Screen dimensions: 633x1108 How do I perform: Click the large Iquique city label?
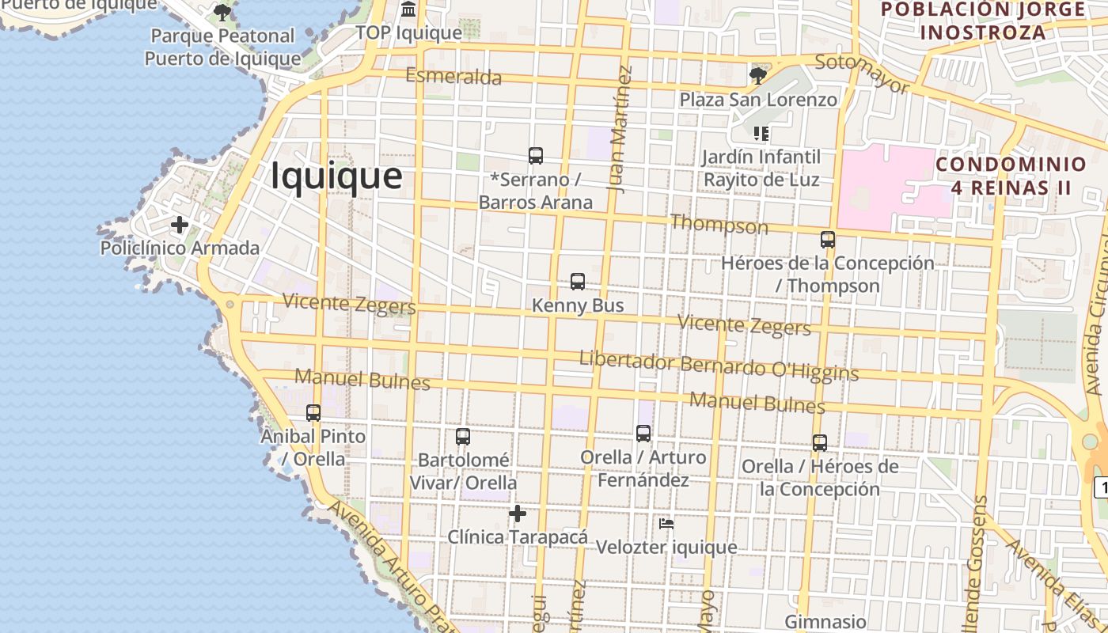[336, 176]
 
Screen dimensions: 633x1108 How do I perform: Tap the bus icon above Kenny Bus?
[578, 282]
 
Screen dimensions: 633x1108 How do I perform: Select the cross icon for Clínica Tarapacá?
[518, 514]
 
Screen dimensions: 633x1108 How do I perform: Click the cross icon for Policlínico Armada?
[180, 225]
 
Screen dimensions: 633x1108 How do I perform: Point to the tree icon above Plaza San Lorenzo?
[757, 76]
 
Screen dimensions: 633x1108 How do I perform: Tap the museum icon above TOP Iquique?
[408, 9]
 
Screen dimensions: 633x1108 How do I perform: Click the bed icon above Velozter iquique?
[666, 524]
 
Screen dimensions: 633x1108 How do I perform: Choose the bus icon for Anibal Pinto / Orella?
[313, 413]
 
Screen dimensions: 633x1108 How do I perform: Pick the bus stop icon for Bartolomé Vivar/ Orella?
[463, 437]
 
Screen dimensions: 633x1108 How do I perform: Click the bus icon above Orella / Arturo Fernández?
[643, 434]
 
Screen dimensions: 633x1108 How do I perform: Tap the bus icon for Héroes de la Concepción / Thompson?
[828, 239]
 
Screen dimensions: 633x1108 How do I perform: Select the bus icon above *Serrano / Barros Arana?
[536, 156]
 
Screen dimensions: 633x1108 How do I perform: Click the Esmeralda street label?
[453, 77]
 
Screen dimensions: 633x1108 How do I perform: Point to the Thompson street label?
[719, 225]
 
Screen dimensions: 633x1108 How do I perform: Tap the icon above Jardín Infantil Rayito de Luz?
[761, 134]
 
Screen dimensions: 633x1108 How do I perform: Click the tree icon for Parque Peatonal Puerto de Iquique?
[222, 13]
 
